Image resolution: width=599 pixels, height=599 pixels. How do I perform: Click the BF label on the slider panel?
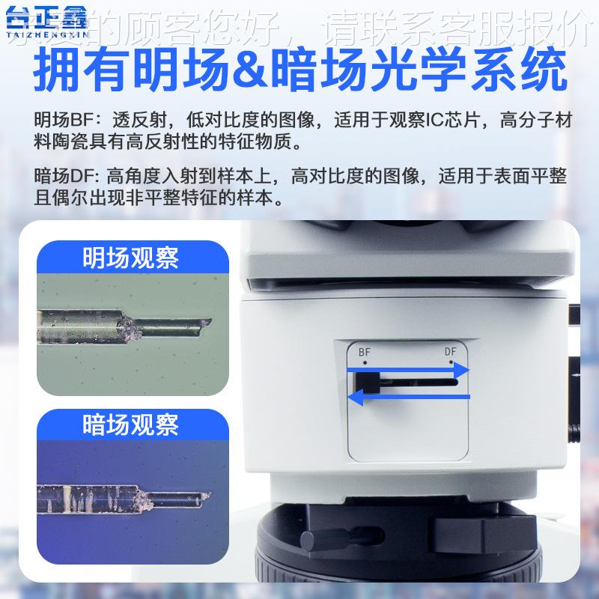tap(365, 350)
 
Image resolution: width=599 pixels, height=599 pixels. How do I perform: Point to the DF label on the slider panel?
tap(450, 350)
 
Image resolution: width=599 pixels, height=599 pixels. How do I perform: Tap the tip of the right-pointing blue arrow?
tap(468, 370)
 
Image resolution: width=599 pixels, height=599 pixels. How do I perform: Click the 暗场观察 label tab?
tap(130, 425)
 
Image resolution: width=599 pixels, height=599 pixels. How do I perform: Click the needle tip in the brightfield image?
tap(210, 322)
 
